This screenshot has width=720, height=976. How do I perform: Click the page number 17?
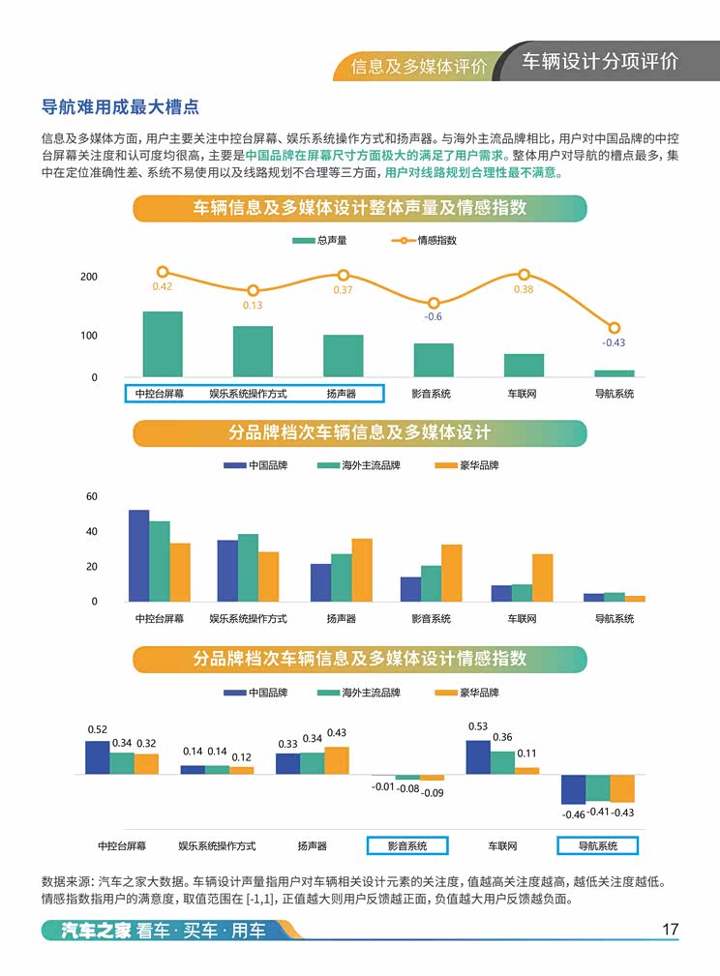tap(670, 930)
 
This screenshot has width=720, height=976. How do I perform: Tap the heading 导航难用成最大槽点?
tap(120, 107)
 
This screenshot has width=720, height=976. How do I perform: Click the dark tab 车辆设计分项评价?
tap(600, 61)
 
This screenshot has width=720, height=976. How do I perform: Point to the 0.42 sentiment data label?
tap(163, 286)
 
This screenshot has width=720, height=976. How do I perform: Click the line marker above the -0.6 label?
tap(434, 304)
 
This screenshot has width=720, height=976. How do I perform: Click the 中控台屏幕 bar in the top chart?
tap(163, 343)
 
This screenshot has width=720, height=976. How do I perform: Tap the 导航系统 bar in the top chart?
tap(614, 372)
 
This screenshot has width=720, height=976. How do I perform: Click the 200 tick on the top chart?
tap(89, 277)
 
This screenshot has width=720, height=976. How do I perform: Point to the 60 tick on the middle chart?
tap(92, 496)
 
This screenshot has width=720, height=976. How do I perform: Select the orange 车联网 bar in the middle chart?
tap(542, 577)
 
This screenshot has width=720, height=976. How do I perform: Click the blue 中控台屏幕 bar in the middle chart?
tap(139, 555)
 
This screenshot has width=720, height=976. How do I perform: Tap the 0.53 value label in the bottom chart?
tap(477, 726)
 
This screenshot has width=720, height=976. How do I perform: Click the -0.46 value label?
tap(574, 814)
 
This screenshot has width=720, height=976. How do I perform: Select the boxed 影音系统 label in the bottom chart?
tap(407, 845)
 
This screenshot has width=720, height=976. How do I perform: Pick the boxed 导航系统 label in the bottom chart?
tap(598, 845)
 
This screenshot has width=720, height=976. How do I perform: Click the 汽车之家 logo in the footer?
tap(88, 932)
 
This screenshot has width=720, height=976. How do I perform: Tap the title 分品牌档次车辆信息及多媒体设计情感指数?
tap(359, 659)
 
